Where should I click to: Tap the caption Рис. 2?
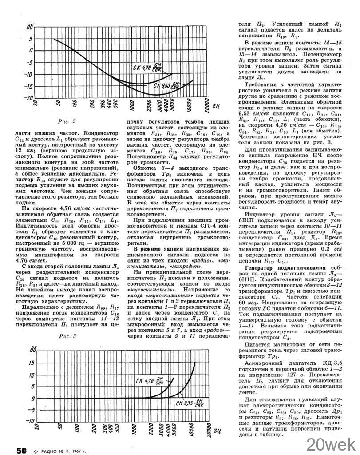67,121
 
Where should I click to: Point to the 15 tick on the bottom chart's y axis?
31,363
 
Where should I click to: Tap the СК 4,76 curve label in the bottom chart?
155,381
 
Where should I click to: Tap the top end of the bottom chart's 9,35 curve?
195,363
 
